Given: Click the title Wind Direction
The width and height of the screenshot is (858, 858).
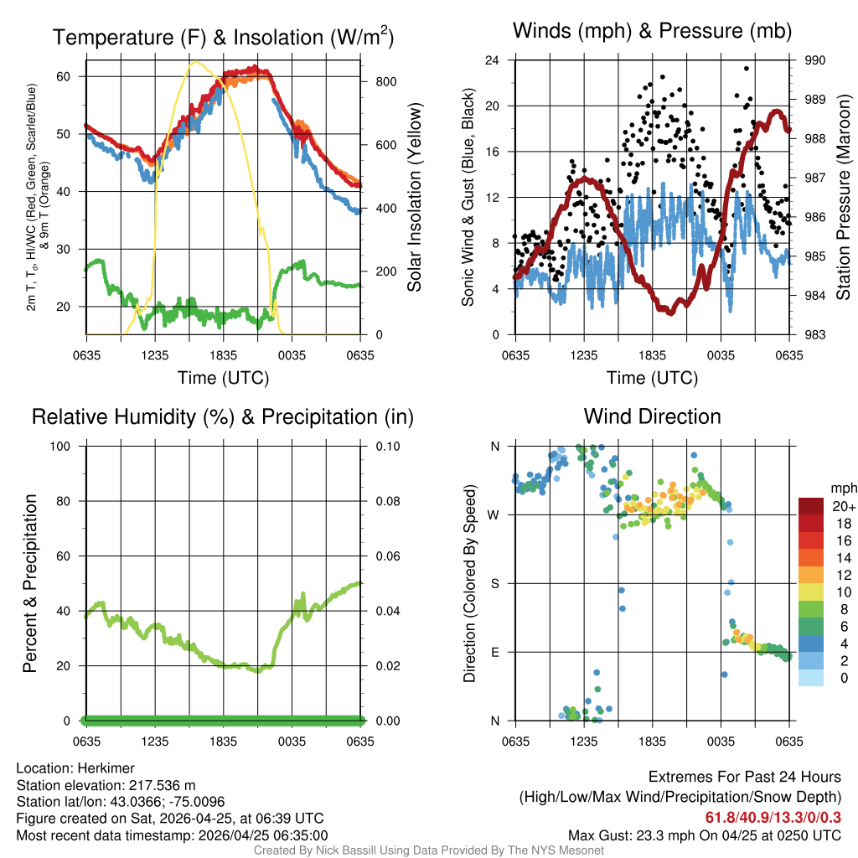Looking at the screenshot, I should [652, 416].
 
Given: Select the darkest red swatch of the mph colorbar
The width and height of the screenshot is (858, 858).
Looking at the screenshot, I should [811, 506].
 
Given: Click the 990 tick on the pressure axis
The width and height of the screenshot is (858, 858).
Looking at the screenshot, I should [815, 60].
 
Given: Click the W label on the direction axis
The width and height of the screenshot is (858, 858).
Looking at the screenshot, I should [494, 514].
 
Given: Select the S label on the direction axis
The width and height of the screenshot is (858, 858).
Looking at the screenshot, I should [494, 583].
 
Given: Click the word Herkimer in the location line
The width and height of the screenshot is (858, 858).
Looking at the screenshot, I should [102, 768].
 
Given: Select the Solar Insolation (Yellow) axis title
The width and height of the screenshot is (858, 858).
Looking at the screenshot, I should [415, 198].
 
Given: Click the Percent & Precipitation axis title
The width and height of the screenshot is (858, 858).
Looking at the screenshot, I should [29, 583].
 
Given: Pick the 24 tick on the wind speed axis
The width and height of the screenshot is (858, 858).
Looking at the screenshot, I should [493, 60].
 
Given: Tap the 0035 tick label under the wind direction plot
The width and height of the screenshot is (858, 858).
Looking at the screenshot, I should [721, 742].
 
